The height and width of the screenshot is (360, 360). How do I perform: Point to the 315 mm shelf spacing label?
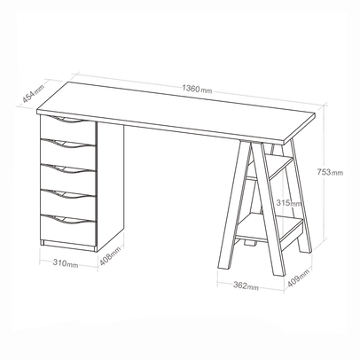tap(287, 203)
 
